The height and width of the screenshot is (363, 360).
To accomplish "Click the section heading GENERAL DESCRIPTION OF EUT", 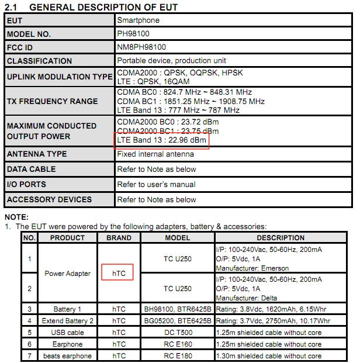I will [x=103, y=7].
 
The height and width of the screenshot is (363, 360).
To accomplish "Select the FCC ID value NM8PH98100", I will [x=141, y=47].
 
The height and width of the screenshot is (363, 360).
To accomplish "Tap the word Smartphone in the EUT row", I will [x=138, y=20].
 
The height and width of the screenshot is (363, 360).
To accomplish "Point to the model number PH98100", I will [x=133, y=34].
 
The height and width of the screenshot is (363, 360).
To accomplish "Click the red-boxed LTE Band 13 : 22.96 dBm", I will [x=161, y=140].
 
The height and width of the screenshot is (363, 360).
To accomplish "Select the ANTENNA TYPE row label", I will [x=36, y=154].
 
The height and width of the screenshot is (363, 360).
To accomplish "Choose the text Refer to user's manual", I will [x=156, y=185].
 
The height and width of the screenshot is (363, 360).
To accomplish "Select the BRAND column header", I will [x=119, y=238].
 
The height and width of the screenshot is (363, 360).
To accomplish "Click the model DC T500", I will [x=178, y=333].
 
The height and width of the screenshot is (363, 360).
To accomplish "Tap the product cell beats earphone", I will [x=67, y=356].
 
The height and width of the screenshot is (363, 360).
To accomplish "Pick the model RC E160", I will [x=178, y=344].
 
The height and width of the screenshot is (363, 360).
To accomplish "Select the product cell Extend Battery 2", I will [x=67, y=321].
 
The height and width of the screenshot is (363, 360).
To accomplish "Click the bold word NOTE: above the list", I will [x=16, y=217].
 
